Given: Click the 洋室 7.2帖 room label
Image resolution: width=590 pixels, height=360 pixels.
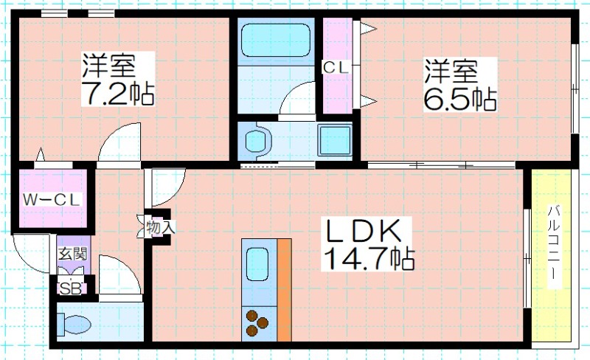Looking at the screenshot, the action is (x=118, y=79).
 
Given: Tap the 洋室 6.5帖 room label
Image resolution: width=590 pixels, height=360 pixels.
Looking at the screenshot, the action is (x=459, y=85).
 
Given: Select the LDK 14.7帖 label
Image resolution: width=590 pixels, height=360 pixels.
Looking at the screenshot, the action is (x=368, y=244).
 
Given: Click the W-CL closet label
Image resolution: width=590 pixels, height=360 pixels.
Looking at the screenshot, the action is (x=52, y=200).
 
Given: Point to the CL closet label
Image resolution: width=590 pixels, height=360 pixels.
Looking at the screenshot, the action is (x=336, y=68).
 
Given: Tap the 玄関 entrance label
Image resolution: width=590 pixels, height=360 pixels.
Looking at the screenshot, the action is (x=72, y=254).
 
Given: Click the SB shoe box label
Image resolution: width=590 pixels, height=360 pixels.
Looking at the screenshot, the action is (x=71, y=289).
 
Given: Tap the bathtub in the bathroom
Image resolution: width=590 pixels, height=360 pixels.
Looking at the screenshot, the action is (x=276, y=41).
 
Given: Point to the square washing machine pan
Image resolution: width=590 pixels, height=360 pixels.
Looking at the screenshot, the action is (x=335, y=140).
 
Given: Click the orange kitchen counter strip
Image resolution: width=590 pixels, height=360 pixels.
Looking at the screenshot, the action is (x=284, y=290).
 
